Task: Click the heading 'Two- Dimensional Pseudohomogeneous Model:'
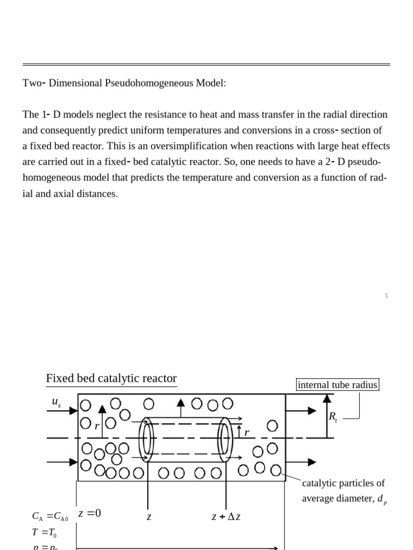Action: pos(124,83)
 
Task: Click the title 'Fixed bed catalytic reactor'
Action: pos(111,379)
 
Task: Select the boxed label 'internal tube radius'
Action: pos(338,385)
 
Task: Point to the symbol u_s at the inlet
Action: pos(56,402)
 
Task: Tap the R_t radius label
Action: pos(332,416)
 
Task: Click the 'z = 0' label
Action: pos(90,513)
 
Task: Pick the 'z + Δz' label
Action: pos(226,517)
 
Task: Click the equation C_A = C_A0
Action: pos(50,517)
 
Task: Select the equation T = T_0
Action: pos(44,532)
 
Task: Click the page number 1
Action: pos(386,295)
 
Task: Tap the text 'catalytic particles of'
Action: pos(343,483)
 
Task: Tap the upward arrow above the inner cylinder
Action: pos(181,406)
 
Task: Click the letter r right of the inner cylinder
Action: pos(247,433)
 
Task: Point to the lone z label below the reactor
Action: pos(149,517)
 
